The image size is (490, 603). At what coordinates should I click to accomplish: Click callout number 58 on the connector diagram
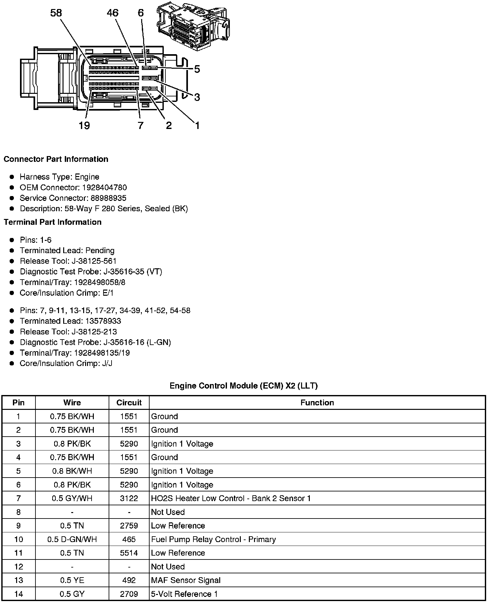pyautogui.click(x=56, y=13)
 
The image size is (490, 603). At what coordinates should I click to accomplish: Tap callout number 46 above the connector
pyautogui.click(x=113, y=13)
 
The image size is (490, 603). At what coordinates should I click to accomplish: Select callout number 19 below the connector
pyautogui.click(x=84, y=125)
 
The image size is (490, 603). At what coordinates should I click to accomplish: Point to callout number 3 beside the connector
pyautogui.click(x=197, y=97)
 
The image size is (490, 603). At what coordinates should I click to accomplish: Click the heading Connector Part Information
pyautogui.click(x=56, y=159)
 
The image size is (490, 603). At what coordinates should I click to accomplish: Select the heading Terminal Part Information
pyautogui.click(x=53, y=222)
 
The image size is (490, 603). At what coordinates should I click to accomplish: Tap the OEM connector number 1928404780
pyautogui.click(x=104, y=188)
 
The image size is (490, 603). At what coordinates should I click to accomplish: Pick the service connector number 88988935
pyautogui.click(x=108, y=198)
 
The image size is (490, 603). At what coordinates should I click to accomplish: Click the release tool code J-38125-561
pyautogui.click(x=95, y=261)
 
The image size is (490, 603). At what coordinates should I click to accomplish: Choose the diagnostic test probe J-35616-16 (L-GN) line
pyautogui.click(x=95, y=342)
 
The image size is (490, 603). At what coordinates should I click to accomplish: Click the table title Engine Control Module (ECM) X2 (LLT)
pyautogui.click(x=244, y=386)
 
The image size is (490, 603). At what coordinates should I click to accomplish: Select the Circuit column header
pyautogui.click(x=129, y=403)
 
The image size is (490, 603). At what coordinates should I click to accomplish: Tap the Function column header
pyautogui.click(x=317, y=403)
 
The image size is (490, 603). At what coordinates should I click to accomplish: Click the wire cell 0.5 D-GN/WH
pyautogui.click(x=72, y=539)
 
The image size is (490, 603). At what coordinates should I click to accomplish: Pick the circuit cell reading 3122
pyautogui.click(x=129, y=499)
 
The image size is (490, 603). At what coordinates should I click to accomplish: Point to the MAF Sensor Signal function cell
pyautogui.click(x=186, y=580)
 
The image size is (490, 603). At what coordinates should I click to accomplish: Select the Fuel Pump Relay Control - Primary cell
pyautogui.click(x=213, y=539)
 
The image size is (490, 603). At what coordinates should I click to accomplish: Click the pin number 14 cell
pyautogui.click(x=19, y=594)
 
